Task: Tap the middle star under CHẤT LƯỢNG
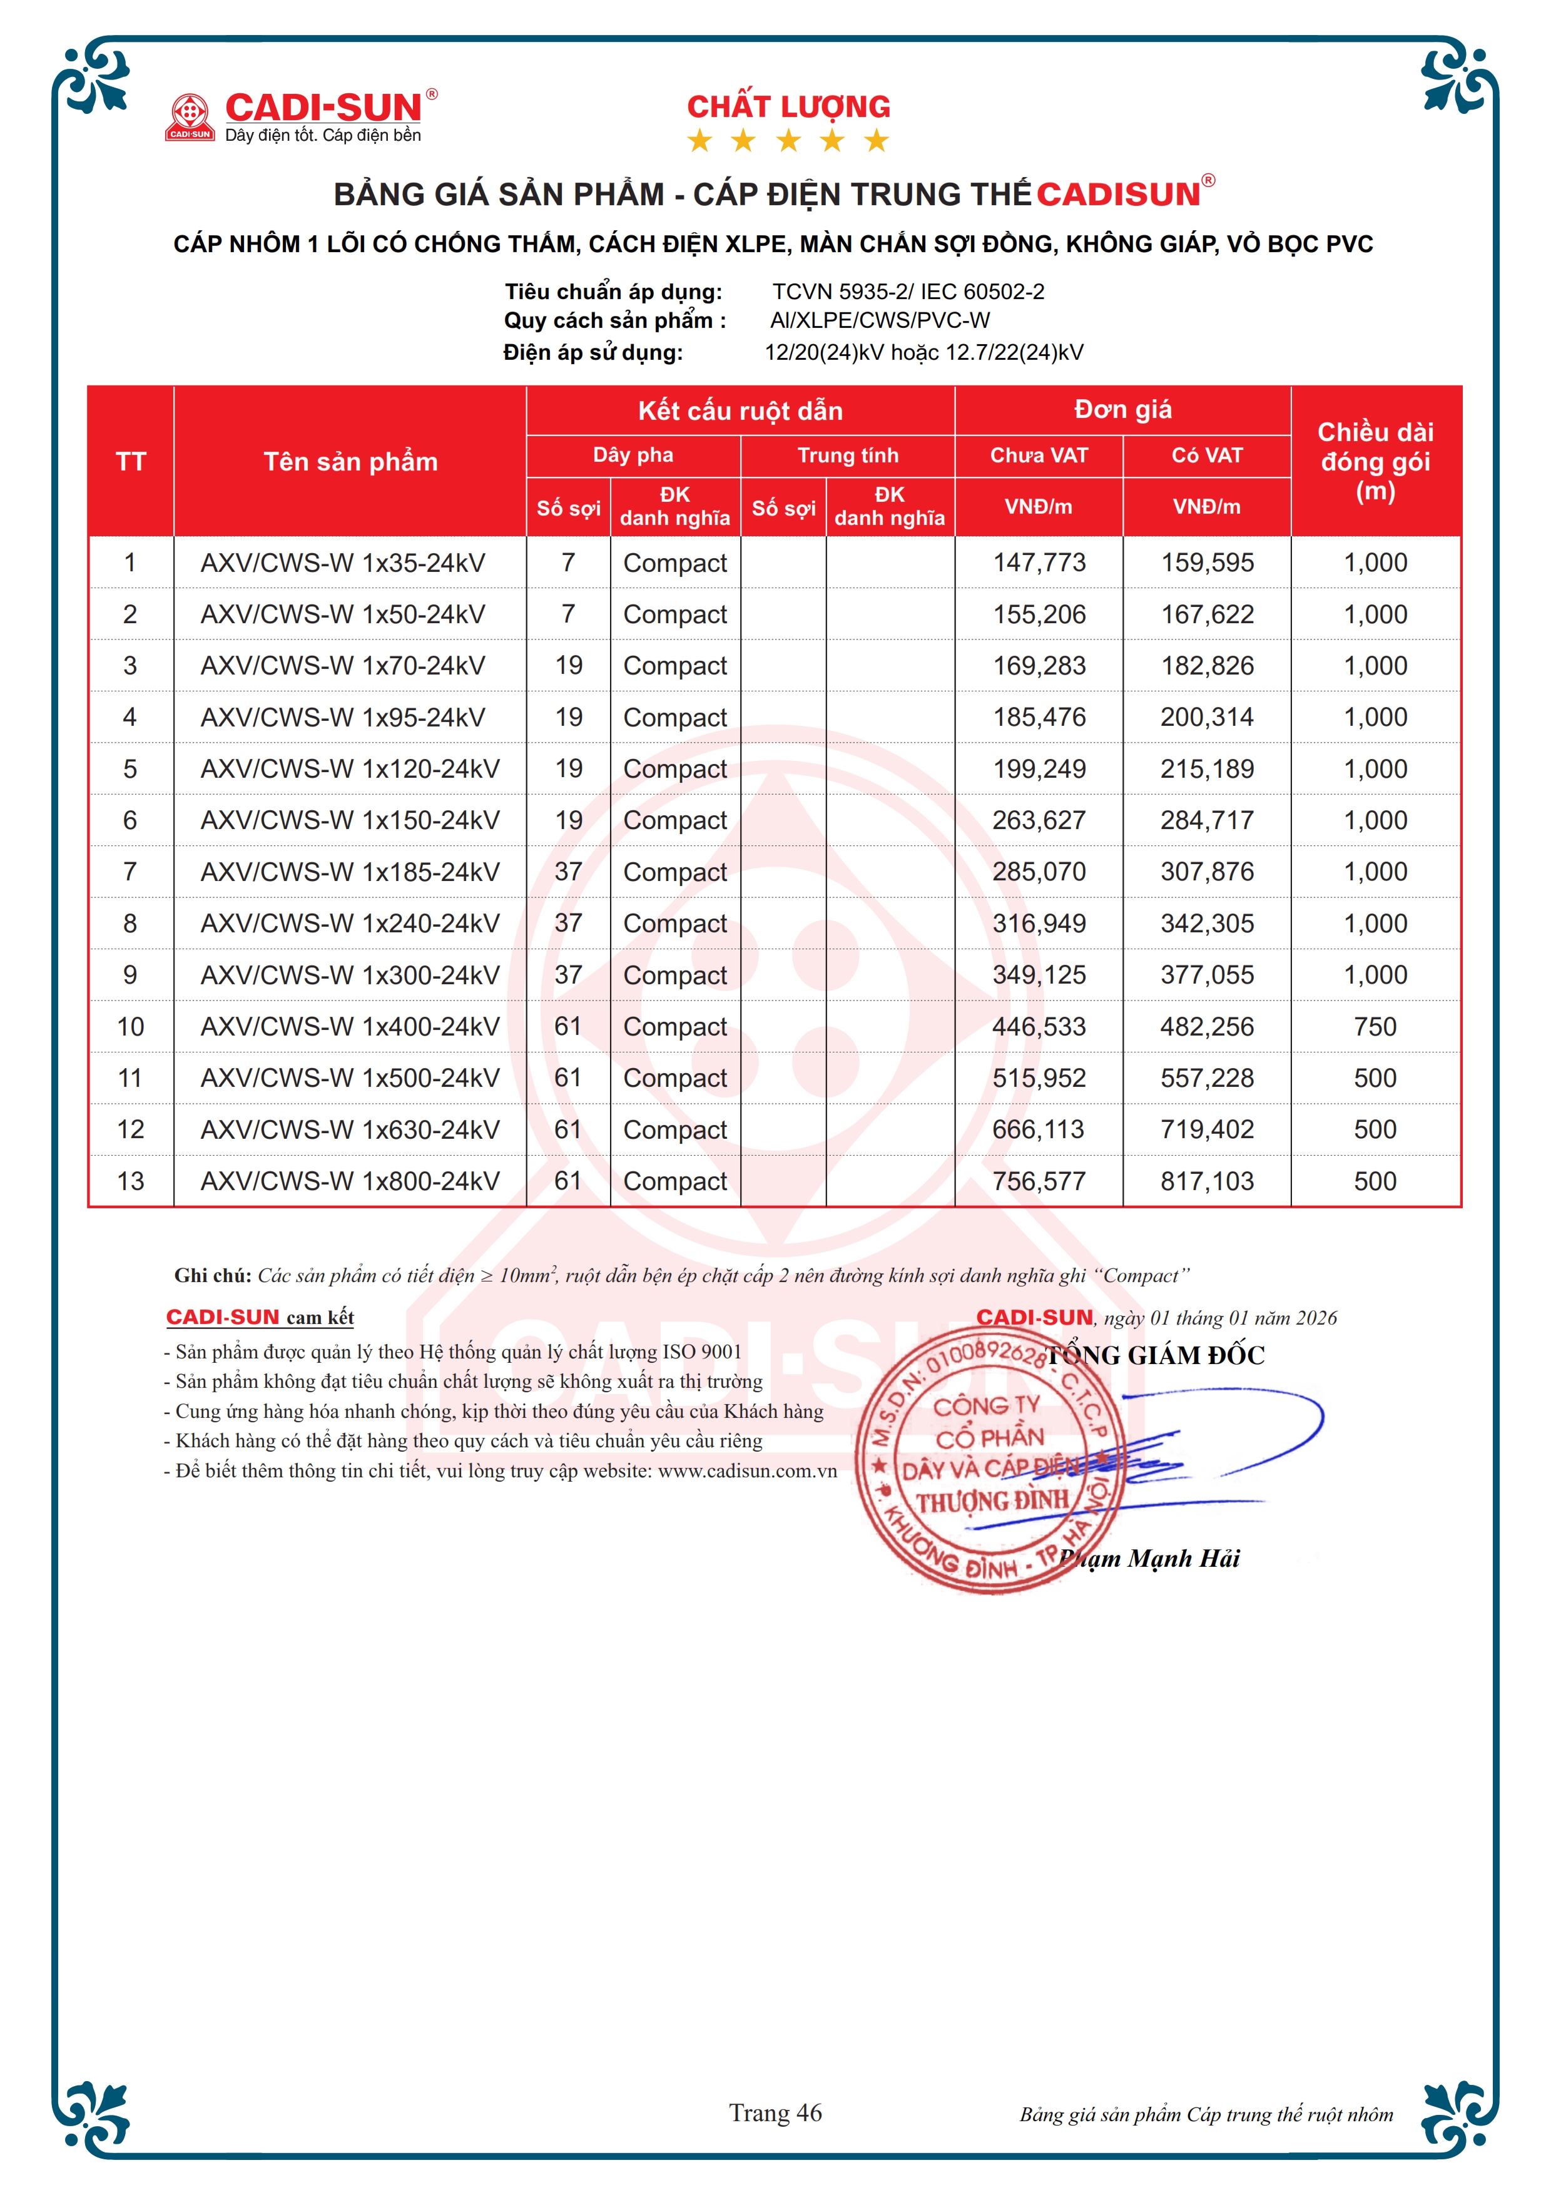[788, 141]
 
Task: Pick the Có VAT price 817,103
[1207, 1181]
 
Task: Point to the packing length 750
[1375, 1027]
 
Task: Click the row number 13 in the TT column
[131, 1181]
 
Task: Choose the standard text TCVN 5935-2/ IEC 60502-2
[908, 292]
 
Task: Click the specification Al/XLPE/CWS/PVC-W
[880, 320]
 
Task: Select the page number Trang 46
[775, 2113]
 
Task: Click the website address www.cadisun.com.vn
[747, 1470]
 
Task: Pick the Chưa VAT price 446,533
[1039, 1027]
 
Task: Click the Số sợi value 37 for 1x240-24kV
[569, 924]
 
